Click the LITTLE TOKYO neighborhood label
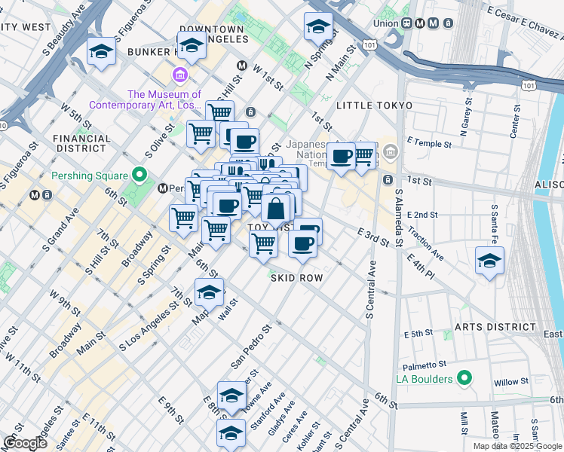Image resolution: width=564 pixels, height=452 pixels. [x=375, y=105]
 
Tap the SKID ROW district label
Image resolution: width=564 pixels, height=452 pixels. [x=297, y=278]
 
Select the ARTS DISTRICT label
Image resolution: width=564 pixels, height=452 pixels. [x=494, y=328]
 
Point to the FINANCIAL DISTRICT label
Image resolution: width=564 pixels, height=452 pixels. [x=82, y=139]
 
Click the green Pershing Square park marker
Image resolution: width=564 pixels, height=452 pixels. [x=139, y=176]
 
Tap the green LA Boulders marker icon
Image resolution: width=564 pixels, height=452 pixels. [x=464, y=377]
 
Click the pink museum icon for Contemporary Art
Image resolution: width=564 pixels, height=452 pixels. [x=179, y=75]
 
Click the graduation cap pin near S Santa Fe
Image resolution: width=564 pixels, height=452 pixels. [x=489, y=261]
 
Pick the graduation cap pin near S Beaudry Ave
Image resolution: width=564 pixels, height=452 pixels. [x=100, y=51]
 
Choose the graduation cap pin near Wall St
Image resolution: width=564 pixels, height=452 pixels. [x=209, y=292]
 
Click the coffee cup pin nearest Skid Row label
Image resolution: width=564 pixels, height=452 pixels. [x=302, y=244]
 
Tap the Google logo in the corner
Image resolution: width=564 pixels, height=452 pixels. [x=24, y=443]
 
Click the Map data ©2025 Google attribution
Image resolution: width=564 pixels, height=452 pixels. [x=517, y=446]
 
